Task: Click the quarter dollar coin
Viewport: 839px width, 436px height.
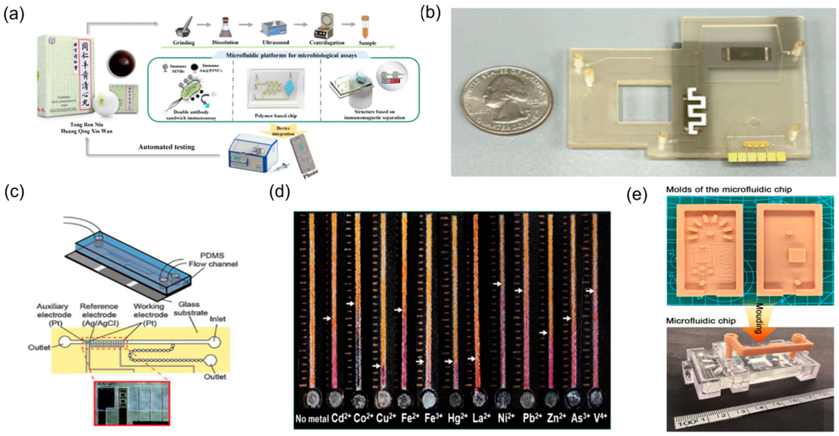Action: tap(506, 100)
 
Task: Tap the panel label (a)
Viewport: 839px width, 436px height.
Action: tap(14, 15)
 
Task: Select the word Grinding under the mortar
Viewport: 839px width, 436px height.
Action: tap(184, 43)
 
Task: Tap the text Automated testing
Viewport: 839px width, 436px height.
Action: tap(166, 147)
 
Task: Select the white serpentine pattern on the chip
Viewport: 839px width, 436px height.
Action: tap(696, 111)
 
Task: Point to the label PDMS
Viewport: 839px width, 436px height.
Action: tap(212, 255)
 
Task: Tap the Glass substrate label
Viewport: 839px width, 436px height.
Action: tap(190, 308)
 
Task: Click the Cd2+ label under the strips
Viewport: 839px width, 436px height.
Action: tap(341, 418)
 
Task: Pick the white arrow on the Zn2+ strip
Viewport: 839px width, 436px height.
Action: tap(543, 333)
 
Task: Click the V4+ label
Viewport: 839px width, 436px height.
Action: tap(600, 418)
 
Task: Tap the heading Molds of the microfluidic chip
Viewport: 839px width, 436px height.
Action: tap(729, 189)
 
